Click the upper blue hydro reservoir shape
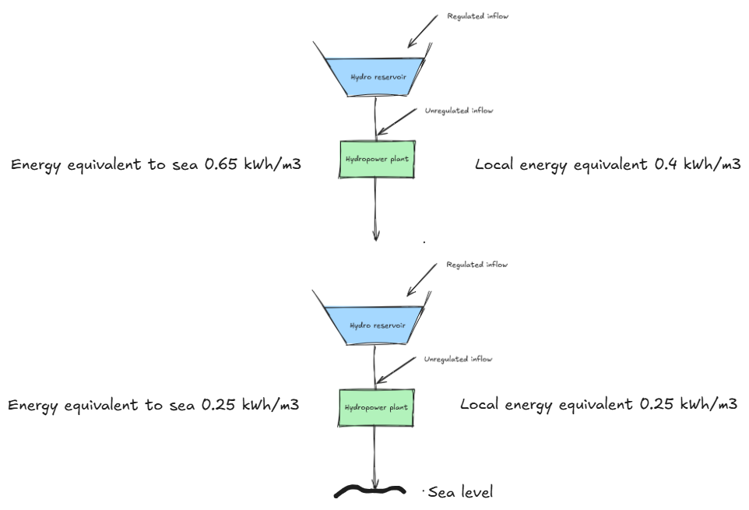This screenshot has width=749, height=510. pos(377,76)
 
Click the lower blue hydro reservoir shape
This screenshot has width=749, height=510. pos(377,325)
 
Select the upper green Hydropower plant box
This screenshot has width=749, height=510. pos(377,159)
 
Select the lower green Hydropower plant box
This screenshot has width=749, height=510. pos(377,406)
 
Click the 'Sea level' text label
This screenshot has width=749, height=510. pos(460,492)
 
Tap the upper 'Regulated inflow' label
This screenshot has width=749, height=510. pos(477,16)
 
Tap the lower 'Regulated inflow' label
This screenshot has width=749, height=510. pos(476,265)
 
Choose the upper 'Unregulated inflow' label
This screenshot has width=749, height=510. pos(459,111)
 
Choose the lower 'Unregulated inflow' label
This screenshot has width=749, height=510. pos(458,360)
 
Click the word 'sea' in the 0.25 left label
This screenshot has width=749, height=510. pos(185,406)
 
